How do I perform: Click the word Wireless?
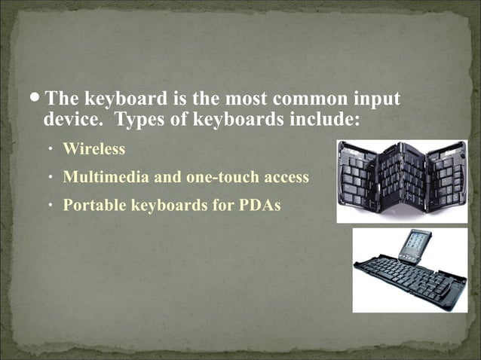point(93,149)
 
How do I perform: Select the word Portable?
point(94,204)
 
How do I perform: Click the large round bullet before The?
point(36,99)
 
